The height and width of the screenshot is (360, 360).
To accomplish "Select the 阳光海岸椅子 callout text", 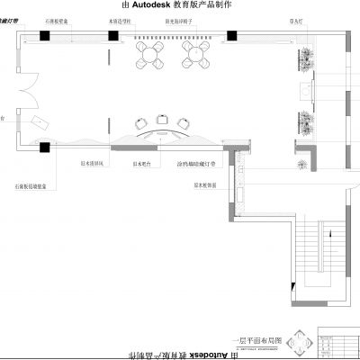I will click(x=182, y=17).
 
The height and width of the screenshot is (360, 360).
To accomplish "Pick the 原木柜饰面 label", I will click(x=206, y=184).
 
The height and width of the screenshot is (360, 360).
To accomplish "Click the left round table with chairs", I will click(x=148, y=57).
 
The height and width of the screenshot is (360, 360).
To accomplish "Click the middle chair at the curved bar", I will click(x=162, y=118).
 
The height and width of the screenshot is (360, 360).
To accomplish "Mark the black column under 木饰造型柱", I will click(x=113, y=36).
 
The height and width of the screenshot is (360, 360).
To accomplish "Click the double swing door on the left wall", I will click(x=27, y=90).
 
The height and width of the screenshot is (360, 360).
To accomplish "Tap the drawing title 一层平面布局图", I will click(x=259, y=341).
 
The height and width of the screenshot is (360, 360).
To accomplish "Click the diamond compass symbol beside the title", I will click(x=302, y=341).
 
